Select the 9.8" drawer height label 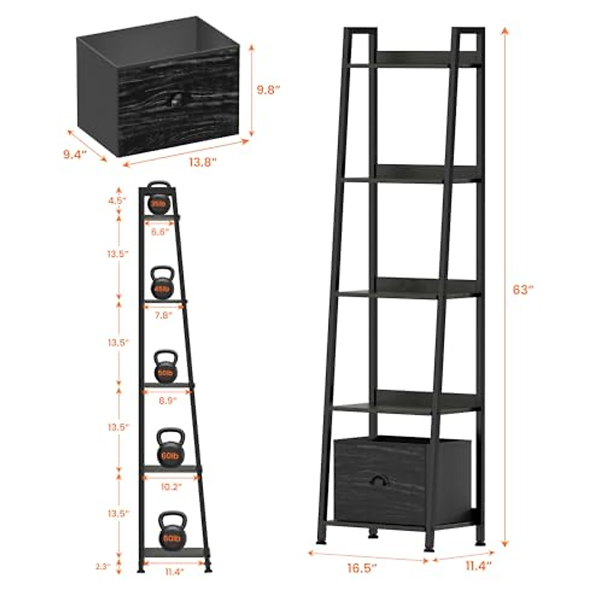point(268,90)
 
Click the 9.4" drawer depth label point(75,154)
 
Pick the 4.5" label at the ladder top point(118,200)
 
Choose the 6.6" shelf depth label point(162,232)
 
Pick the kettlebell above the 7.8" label point(162,283)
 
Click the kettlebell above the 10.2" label point(170,446)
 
